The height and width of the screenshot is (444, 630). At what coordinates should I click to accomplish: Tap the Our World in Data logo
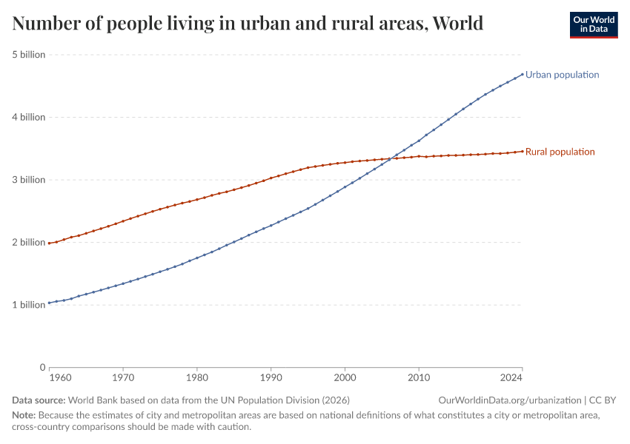pos(593,24)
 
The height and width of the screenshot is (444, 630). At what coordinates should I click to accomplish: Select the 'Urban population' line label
pos(562,75)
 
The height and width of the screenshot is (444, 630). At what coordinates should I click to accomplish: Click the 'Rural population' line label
pos(560,152)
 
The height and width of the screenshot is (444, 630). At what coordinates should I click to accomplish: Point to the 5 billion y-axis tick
pos(29,55)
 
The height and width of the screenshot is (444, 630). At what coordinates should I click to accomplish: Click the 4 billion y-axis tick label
pos(29,117)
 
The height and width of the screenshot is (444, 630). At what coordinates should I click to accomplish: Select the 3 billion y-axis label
pos(29,180)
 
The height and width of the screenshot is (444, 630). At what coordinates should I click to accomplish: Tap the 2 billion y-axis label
pos(29,242)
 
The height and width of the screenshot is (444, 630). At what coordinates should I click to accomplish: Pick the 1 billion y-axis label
pos(29,305)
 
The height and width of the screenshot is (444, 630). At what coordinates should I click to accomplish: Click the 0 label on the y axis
pos(42,367)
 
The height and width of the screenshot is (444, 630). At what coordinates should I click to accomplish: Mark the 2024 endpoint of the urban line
pos(523,74)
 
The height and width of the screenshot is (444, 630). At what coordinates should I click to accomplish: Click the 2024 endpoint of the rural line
pos(523,151)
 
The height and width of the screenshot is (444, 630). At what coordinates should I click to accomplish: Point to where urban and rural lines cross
pos(391,158)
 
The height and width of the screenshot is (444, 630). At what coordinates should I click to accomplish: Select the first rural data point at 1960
pos(49,243)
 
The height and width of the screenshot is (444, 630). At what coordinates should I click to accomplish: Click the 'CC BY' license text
pos(603,400)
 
